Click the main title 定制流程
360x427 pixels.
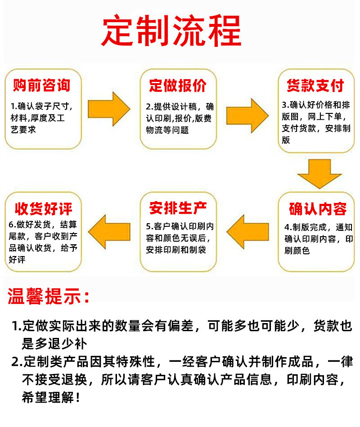171,30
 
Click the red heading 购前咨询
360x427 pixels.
42,85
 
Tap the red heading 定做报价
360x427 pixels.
178,85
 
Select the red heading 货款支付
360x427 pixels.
315,85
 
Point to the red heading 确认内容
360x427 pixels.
318,209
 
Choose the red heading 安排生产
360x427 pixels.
178,208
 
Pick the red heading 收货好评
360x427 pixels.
44,209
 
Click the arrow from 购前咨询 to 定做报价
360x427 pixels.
109,109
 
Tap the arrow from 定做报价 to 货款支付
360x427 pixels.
247,116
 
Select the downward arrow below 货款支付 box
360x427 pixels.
319,174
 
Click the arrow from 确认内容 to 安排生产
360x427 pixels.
247,232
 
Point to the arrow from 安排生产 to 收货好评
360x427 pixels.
109,232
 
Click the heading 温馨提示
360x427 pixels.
49,296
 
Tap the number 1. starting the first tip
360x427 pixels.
17,326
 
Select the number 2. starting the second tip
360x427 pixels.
17,362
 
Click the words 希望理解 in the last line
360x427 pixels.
48,398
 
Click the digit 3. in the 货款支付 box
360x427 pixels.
286,104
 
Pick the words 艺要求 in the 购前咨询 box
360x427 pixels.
23,130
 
